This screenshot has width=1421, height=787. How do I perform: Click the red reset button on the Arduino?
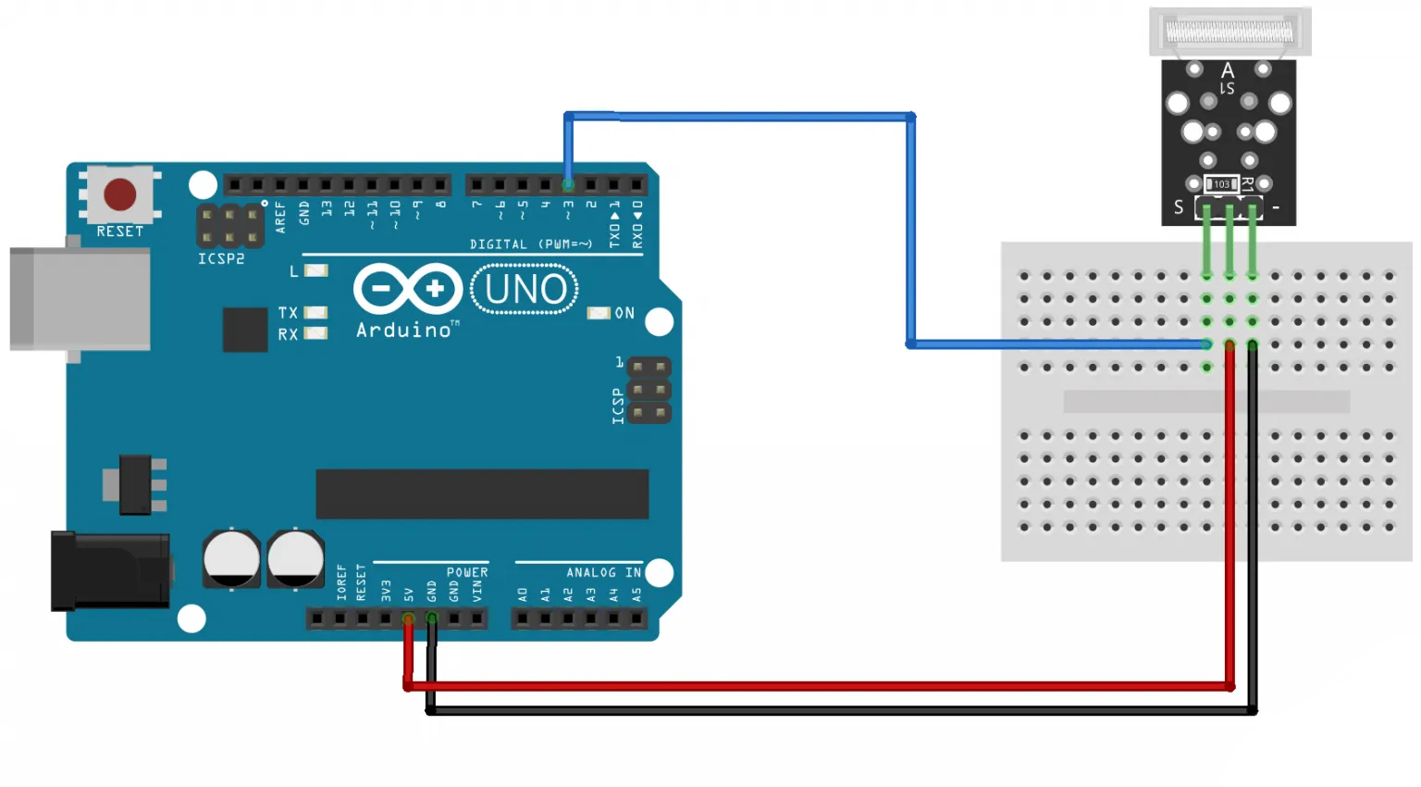(x=120, y=194)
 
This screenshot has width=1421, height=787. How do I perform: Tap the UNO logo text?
(x=525, y=290)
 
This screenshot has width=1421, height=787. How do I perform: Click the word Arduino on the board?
(x=404, y=331)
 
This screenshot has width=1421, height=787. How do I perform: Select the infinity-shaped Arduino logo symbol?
(x=407, y=289)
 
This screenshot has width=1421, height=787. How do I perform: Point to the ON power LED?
(x=599, y=313)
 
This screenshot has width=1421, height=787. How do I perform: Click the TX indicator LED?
(x=315, y=313)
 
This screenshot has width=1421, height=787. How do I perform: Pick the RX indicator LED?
(x=315, y=333)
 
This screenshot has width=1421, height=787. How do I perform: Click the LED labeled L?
(x=316, y=270)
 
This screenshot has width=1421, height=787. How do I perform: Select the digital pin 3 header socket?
(x=568, y=184)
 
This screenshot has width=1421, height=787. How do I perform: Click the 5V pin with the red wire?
(x=408, y=618)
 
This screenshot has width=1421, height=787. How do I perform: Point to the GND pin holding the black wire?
(x=431, y=618)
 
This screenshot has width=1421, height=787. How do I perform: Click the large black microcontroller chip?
(x=482, y=493)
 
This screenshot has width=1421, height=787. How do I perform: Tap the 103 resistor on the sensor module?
(x=1221, y=184)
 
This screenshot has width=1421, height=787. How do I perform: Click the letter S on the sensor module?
(x=1179, y=207)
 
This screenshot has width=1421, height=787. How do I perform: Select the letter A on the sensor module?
(x=1228, y=70)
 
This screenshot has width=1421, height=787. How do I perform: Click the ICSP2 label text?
(x=221, y=259)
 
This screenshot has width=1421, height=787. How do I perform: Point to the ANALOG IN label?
(x=603, y=573)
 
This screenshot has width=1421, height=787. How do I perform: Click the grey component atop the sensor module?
(x=1229, y=32)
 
